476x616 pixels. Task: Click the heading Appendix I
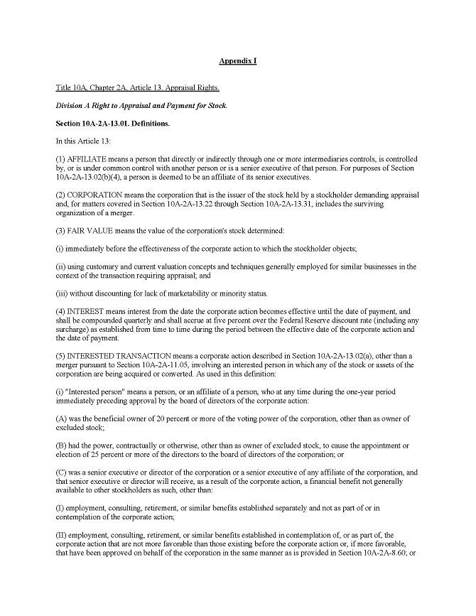(x=237, y=62)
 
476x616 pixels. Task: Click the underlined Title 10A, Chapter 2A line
(x=138, y=88)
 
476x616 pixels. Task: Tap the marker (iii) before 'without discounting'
(x=62, y=292)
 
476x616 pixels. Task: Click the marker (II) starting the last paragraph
(x=62, y=553)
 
